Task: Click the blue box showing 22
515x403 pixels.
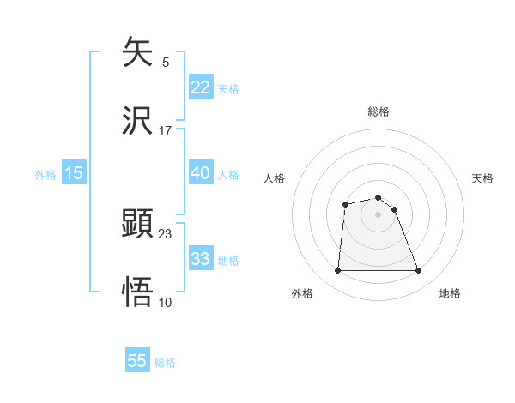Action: (x=200, y=87)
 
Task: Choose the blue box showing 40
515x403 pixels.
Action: (x=200, y=173)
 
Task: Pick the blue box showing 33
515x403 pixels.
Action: (x=200, y=259)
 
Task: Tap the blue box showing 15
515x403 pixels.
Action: (x=74, y=173)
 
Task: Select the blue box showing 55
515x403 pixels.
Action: (x=137, y=361)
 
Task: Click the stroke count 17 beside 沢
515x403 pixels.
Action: (x=166, y=131)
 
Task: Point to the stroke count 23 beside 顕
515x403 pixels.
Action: (x=166, y=233)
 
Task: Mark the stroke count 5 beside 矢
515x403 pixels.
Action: (x=165, y=63)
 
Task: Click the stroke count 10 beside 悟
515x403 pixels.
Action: (x=166, y=302)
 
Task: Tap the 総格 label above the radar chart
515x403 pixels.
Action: (x=379, y=111)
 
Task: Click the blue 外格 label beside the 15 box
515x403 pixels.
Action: (x=45, y=174)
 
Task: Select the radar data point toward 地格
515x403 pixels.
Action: (x=419, y=271)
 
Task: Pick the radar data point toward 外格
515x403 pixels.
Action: (x=337, y=271)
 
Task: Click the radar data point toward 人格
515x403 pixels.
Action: (x=345, y=204)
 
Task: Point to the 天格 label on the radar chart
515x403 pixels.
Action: (x=482, y=178)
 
